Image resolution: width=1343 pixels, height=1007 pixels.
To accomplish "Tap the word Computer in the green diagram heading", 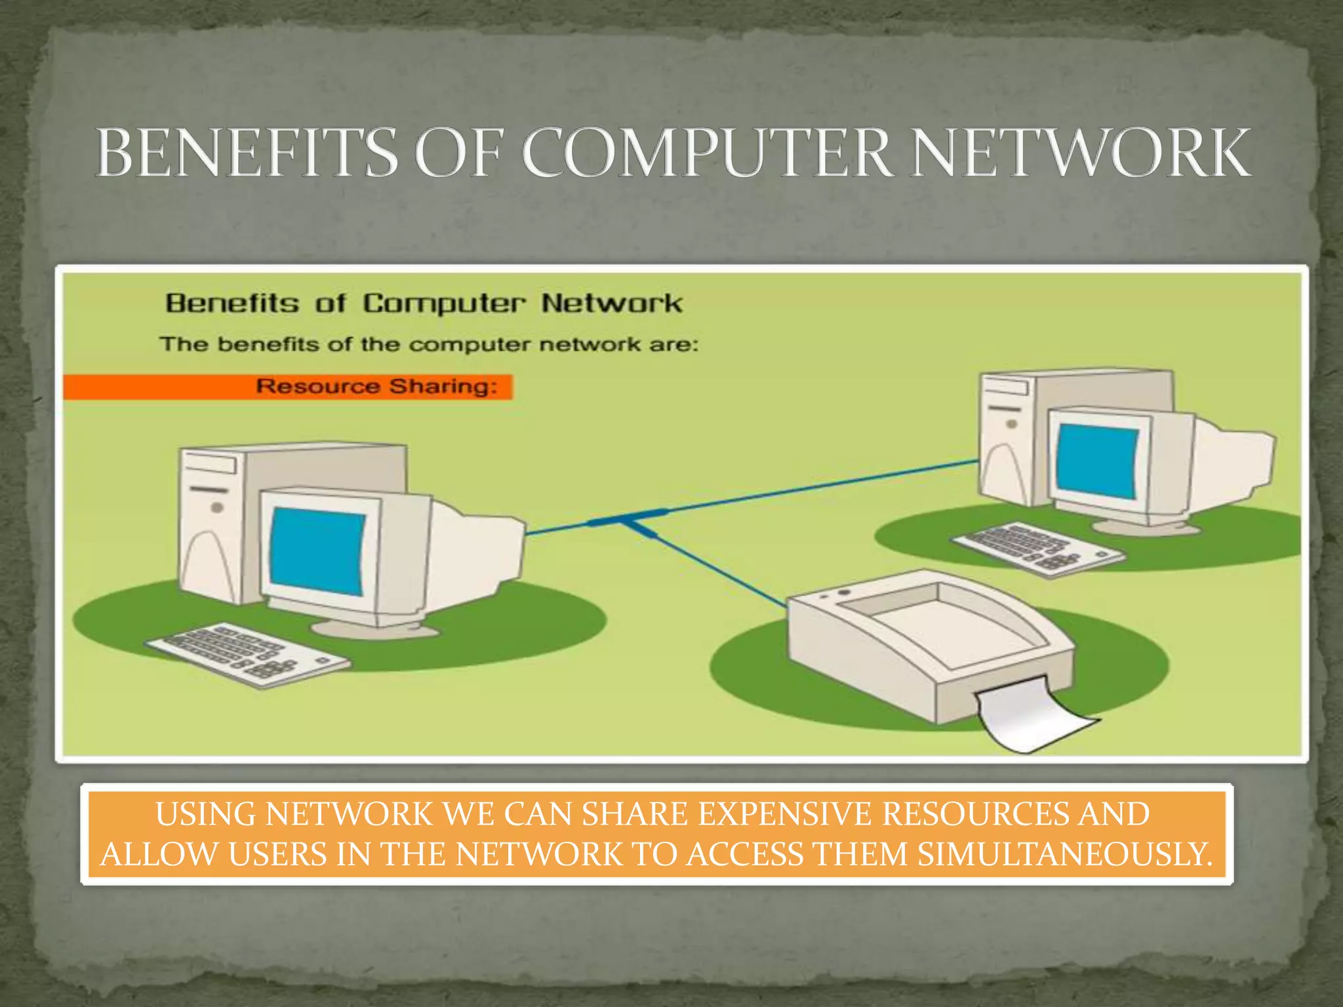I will click(x=444, y=304).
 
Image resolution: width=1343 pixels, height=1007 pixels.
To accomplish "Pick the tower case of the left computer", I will click(x=216, y=518).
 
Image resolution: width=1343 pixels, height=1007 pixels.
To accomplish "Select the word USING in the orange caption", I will click(x=206, y=814).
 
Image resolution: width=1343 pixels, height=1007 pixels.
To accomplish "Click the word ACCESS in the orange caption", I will click(x=745, y=854).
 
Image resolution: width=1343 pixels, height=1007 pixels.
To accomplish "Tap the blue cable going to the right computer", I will click(x=820, y=488).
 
